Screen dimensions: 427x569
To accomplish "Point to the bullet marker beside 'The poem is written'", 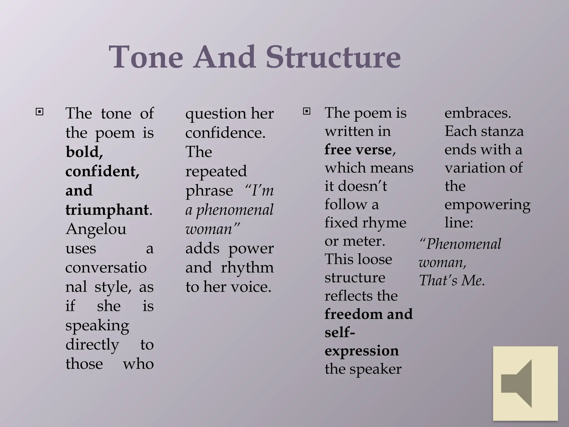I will [x=306, y=111].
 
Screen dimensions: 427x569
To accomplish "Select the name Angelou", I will [x=96, y=229].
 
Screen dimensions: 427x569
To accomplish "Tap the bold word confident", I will [x=102, y=171].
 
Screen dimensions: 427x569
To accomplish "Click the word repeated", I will [x=216, y=171].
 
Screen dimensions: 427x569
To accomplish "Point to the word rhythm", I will [x=247, y=267].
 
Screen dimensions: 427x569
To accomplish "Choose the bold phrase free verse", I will [x=358, y=150].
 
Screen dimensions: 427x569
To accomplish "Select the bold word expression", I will [x=361, y=351].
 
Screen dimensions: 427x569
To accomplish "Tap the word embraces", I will [x=478, y=113].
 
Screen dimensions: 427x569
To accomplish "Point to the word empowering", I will [x=487, y=205].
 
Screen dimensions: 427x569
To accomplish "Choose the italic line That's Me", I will [x=452, y=280].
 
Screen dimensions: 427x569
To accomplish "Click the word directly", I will [x=92, y=345].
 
